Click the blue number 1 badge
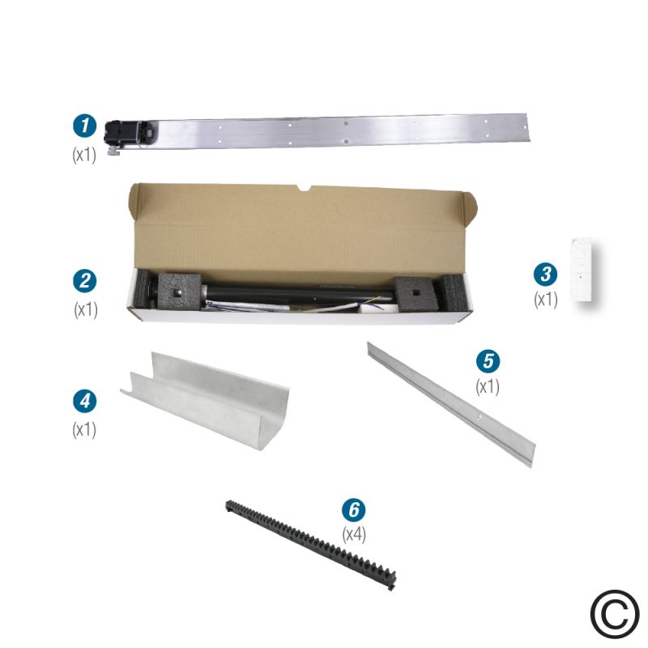(x=85, y=126)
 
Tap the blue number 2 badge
(x=85, y=281)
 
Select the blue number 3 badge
(x=545, y=275)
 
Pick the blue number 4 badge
(x=85, y=401)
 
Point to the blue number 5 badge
(x=488, y=360)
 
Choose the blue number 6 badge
(x=354, y=509)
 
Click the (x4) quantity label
(x=354, y=535)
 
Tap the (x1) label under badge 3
(x=546, y=300)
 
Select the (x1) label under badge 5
(x=488, y=387)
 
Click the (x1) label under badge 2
(x=86, y=309)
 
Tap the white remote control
(x=582, y=269)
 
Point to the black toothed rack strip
(x=311, y=544)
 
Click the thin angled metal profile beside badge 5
(x=450, y=403)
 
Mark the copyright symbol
(x=615, y=615)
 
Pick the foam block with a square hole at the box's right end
(x=416, y=294)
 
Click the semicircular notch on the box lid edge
(x=305, y=189)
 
